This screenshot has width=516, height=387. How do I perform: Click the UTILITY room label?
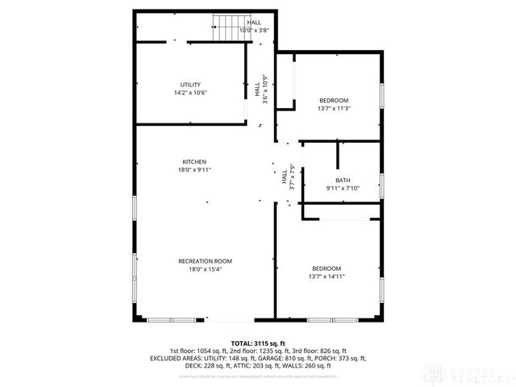click(x=190, y=85)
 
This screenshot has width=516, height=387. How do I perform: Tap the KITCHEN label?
click(x=193, y=161)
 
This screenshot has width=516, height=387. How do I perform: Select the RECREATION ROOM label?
click(x=205, y=260)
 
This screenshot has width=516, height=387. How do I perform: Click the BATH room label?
click(x=343, y=180)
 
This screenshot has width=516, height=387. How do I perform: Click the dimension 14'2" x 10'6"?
click(x=190, y=93)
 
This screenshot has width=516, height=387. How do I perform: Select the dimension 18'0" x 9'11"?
click(x=193, y=169)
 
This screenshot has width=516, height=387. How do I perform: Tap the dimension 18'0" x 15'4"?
click(x=205, y=268)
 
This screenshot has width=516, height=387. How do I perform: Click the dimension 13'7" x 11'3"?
click(x=334, y=108)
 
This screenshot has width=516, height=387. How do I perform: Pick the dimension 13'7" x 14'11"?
click(x=327, y=277)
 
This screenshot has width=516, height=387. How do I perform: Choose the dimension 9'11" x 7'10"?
click(x=343, y=188)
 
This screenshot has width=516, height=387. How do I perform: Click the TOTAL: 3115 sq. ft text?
click(x=257, y=343)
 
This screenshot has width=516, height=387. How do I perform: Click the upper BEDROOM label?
click(x=334, y=100)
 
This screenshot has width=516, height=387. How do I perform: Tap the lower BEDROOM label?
click(x=327, y=268)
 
